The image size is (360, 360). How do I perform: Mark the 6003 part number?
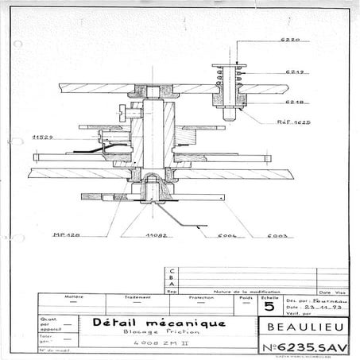280,236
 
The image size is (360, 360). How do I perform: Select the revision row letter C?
173,271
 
